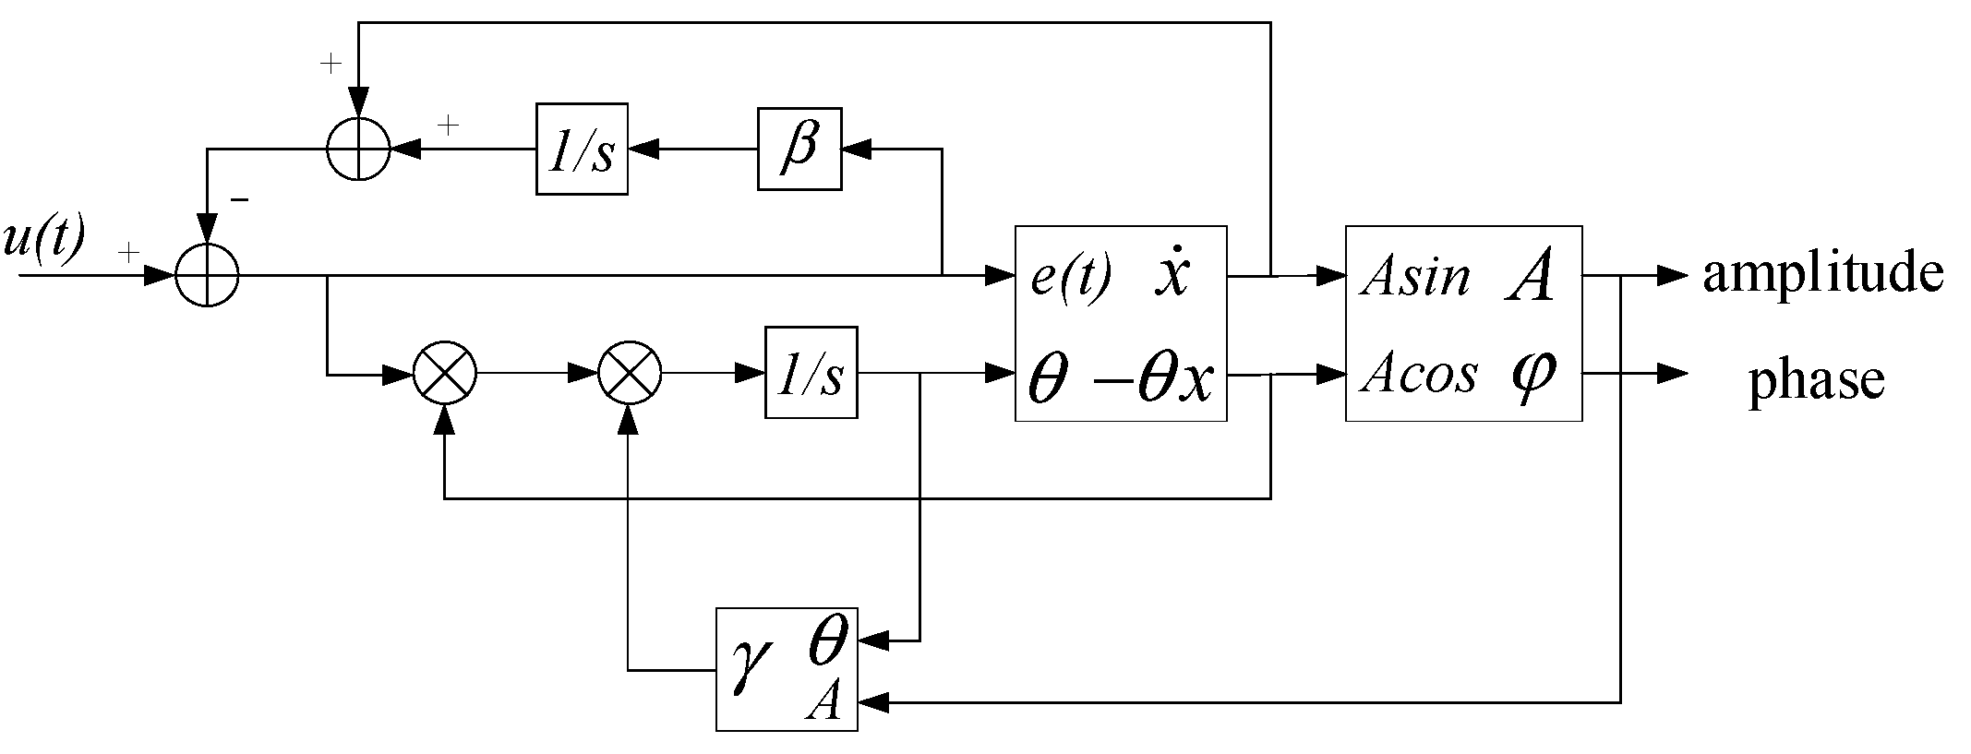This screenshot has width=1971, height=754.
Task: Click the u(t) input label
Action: (43, 242)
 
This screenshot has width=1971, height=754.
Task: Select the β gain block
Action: (799, 149)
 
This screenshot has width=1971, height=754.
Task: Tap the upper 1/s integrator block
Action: (582, 149)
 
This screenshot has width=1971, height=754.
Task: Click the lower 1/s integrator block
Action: (811, 372)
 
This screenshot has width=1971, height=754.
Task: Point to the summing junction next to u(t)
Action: (208, 274)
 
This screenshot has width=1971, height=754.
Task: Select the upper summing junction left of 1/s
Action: (359, 149)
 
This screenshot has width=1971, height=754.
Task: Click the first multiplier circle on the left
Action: (444, 374)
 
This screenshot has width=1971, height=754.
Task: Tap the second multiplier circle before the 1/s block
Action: (630, 374)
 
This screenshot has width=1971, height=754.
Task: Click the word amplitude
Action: (1822, 274)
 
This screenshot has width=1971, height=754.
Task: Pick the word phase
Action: (1816, 379)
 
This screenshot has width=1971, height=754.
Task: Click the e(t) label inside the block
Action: (1071, 275)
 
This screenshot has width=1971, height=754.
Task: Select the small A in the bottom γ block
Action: (823, 704)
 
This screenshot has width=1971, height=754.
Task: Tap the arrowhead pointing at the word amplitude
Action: (1672, 275)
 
